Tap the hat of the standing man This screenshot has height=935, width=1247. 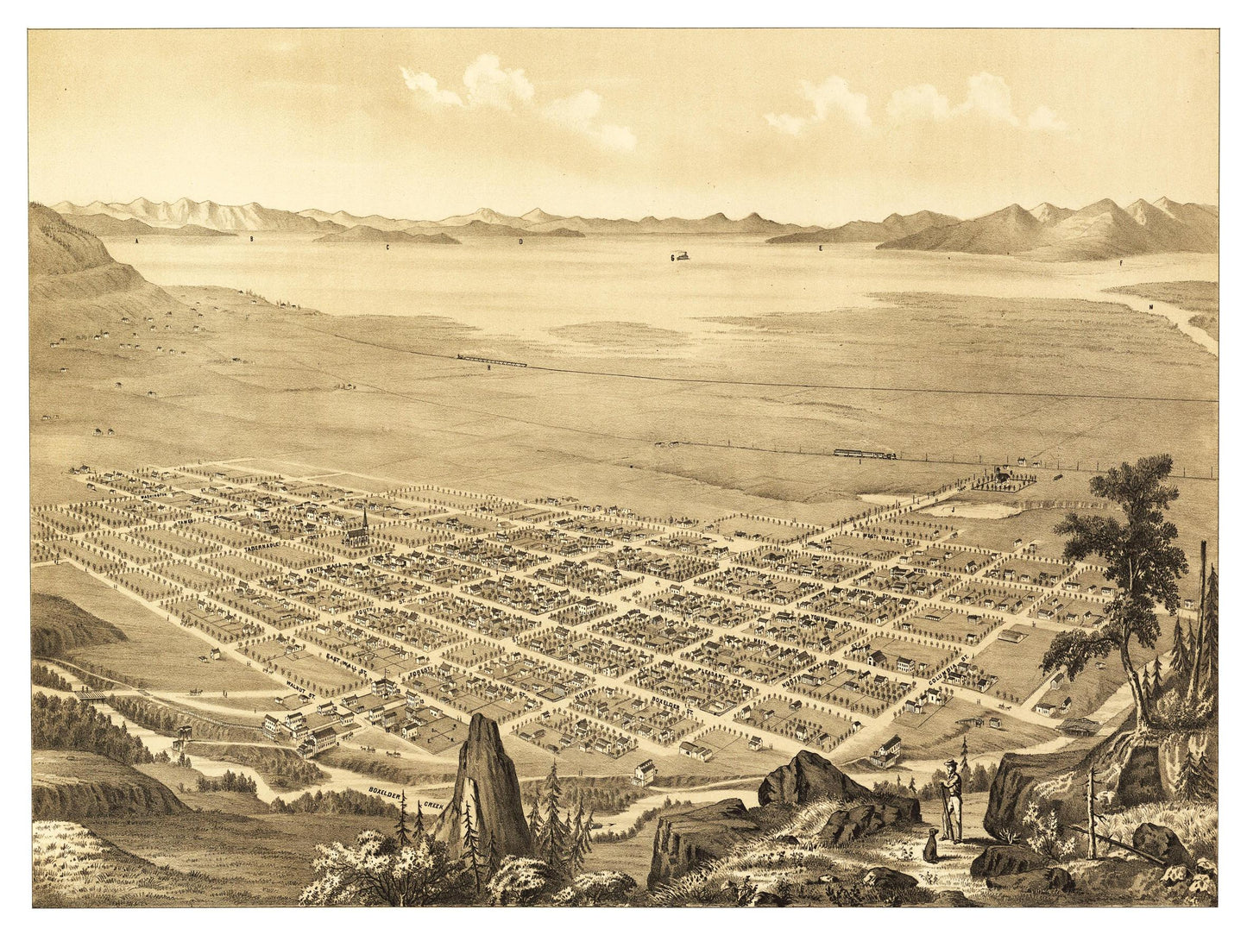949,764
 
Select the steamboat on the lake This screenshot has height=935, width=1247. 679,256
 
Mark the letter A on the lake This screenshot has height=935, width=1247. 136,244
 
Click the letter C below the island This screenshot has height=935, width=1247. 389,248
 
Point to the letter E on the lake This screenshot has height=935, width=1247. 821,248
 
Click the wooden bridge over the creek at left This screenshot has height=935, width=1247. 86,693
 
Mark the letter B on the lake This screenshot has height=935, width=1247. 251,236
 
